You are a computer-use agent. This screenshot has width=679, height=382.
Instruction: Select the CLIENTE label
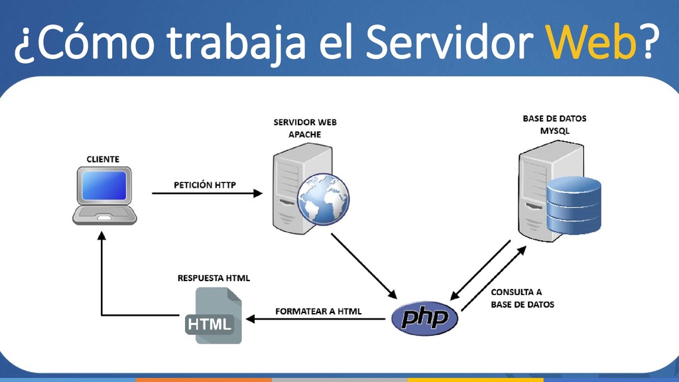(x=103, y=159)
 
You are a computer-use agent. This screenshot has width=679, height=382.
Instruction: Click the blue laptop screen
(x=104, y=185)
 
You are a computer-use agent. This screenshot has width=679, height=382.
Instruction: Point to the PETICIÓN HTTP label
(x=205, y=185)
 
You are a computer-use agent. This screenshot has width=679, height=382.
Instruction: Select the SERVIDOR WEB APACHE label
(x=304, y=128)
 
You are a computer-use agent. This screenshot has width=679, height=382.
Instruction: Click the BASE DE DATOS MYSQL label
(x=554, y=125)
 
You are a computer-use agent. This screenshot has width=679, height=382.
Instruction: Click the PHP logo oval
(x=424, y=318)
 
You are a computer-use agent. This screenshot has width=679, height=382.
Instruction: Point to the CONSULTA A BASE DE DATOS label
(x=522, y=298)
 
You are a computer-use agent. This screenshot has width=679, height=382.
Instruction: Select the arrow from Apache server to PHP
(x=363, y=265)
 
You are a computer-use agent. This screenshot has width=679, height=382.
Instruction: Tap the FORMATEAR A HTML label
(x=318, y=311)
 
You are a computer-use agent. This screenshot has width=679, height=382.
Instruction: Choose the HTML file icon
(x=211, y=315)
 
